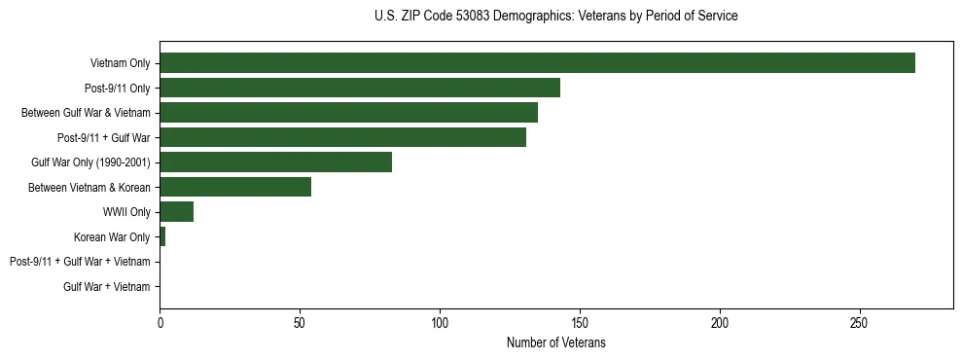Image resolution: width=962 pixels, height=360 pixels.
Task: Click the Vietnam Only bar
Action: pyautogui.click(x=537, y=63)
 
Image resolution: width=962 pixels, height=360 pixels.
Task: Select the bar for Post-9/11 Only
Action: pyautogui.click(x=360, y=88)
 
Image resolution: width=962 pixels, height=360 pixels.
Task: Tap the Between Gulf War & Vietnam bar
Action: pyautogui.click(x=348, y=113)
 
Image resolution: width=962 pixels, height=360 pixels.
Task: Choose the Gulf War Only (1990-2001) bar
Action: pyautogui.click(x=275, y=162)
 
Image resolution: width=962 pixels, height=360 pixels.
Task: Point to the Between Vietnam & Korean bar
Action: pyautogui.click(x=235, y=187)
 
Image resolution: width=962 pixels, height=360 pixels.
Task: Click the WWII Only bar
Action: pyautogui.click(x=176, y=212)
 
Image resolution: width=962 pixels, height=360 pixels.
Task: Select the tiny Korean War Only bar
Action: pyautogui.click(x=162, y=236)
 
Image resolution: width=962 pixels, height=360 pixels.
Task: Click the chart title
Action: pyautogui.click(x=555, y=17)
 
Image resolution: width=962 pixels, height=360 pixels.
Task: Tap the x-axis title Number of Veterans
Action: pyautogui.click(x=555, y=343)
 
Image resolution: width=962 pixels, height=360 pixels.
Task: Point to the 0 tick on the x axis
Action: pyautogui.click(x=160, y=322)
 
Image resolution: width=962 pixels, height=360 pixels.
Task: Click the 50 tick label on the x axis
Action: pyautogui.click(x=300, y=322)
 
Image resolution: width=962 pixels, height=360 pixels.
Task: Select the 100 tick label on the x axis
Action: pyautogui.click(x=440, y=322)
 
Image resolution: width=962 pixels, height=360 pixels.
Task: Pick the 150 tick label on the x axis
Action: pyautogui.click(x=580, y=322)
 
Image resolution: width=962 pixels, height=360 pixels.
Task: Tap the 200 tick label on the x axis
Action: pyautogui.click(x=720, y=322)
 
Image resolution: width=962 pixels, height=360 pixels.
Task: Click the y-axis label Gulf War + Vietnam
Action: pyautogui.click(x=106, y=287)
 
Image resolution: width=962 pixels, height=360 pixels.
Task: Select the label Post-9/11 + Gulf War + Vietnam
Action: pyautogui.click(x=80, y=262)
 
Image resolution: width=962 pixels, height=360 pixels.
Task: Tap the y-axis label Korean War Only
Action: pyautogui.click(x=112, y=237)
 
